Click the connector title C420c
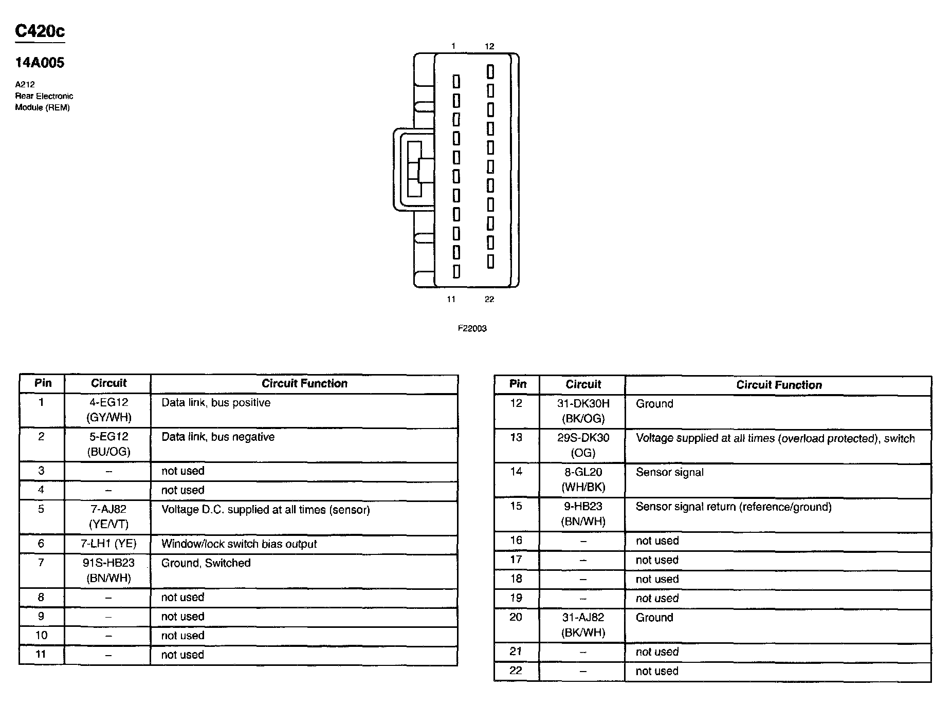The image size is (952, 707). pyautogui.click(x=40, y=31)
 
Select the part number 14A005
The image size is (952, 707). pyautogui.click(x=40, y=63)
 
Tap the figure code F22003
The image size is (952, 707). pyautogui.click(x=472, y=328)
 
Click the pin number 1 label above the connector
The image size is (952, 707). pyautogui.click(x=453, y=46)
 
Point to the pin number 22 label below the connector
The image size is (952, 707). pyautogui.click(x=489, y=299)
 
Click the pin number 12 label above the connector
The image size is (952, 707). pyautogui.click(x=489, y=46)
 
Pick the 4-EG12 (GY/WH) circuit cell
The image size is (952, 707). pyautogui.click(x=108, y=410)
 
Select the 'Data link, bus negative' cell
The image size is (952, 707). pyautogui.click(x=218, y=437)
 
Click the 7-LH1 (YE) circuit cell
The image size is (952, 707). pyautogui.click(x=108, y=544)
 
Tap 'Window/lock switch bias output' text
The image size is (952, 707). pyautogui.click(x=239, y=544)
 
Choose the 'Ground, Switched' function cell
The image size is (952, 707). pyautogui.click(x=206, y=563)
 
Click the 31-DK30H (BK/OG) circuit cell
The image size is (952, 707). pyautogui.click(x=583, y=411)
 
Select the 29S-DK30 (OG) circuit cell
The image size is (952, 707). pyautogui.click(x=583, y=445)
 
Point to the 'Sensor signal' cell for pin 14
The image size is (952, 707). pyautogui.click(x=669, y=472)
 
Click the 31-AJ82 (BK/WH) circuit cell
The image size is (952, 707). pyautogui.click(x=583, y=625)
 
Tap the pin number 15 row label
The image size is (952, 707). pyautogui.click(x=516, y=507)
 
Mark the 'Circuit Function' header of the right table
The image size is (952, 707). pyautogui.click(x=779, y=385)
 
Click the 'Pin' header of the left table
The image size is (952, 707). pyautogui.click(x=43, y=383)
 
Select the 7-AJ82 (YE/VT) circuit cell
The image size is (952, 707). pyautogui.click(x=108, y=517)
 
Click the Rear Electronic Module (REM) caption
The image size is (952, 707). pyautogui.click(x=44, y=102)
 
